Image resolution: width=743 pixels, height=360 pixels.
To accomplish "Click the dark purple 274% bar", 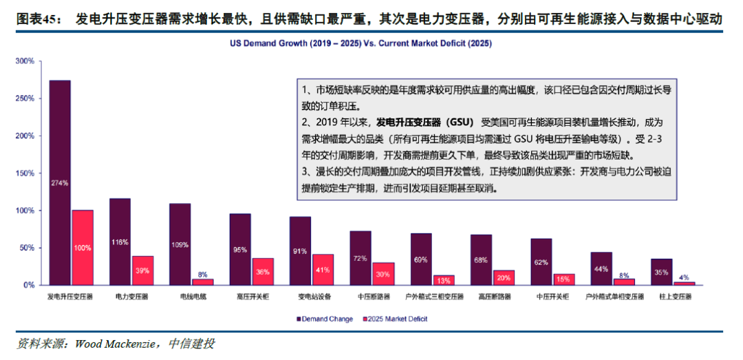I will (x=59, y=182).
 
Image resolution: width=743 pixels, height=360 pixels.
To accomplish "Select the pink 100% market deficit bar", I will (x=83, y=247).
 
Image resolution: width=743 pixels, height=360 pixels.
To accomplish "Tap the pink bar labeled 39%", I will (x=142, y=270).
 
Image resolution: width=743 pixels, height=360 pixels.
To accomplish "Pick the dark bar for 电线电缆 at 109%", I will (x=180, y=244).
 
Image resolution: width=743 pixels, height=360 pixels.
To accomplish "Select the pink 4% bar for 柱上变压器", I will (x=685, y=283).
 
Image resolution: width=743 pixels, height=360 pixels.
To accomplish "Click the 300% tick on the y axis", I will (x=25, y=61).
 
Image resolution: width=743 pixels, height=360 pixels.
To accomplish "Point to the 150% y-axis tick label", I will (x=25, y=173).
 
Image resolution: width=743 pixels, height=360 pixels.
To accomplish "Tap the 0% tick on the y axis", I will (x=28, y=285).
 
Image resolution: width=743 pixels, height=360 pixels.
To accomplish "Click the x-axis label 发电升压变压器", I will (x=71, y=297).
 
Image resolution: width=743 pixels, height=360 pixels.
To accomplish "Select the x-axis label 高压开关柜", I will (x=251, y=297).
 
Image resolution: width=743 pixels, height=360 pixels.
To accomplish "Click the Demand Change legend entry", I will (x=325, y=319).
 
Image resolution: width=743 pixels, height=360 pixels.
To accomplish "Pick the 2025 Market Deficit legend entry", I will (x=398, y=319).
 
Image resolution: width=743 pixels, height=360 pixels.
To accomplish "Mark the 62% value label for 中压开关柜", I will (x=541, y=262).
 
